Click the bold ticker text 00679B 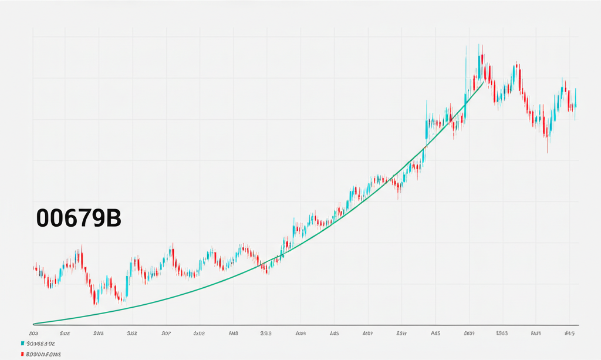(x=78, y=218)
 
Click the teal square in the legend (x=22, y=343)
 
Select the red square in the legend (x=22, y=355)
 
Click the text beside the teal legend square (x=40, y=343)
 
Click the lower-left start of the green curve (x=35, y=323)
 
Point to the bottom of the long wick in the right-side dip (x=547, y=152)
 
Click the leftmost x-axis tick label (x=33, y=333)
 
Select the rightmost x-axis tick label (x=569, y=333)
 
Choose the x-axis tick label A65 (x=435, y=333)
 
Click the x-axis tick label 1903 (x=502, y=333)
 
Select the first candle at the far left (x=35, y=268)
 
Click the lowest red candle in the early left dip (x=95, y=297)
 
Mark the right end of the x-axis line (x=579, y=325)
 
